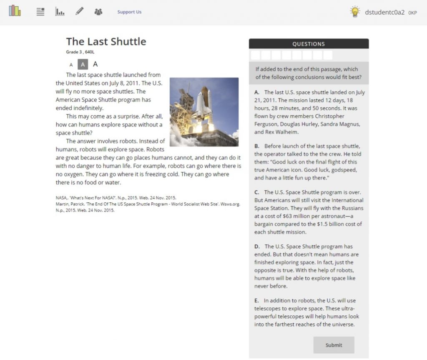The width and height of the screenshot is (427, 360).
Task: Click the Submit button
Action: click(334, 345)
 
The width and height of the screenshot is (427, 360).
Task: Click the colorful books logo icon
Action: click(15, 11)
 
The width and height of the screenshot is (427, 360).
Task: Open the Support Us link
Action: click(129, 12)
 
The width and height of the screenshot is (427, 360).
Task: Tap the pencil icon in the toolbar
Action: click(79, 11)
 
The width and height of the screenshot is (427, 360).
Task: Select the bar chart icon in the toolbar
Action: click(60, 12)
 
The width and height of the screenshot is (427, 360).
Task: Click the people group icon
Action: click(98, 12)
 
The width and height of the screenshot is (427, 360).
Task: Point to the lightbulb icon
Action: click(355, 12)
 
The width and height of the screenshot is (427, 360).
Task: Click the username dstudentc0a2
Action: click(384, 12)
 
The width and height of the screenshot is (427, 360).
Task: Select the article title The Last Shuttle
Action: click(106, 41)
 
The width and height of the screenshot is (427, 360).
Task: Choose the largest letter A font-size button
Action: click(95, 64)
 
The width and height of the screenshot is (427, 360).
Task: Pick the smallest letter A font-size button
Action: click(71, 65)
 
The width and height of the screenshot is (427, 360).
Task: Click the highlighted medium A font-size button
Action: click(83, 64)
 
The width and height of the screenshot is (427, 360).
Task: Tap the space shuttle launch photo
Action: click(204, 112)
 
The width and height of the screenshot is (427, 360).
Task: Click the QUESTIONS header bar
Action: click(309, 44)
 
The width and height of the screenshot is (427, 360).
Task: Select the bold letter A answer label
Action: click(257, 92)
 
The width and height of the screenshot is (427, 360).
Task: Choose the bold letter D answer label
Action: click(257, 247)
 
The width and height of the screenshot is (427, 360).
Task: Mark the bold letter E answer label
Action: click(256, 301)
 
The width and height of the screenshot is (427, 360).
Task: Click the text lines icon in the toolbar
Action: click(40, 12)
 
